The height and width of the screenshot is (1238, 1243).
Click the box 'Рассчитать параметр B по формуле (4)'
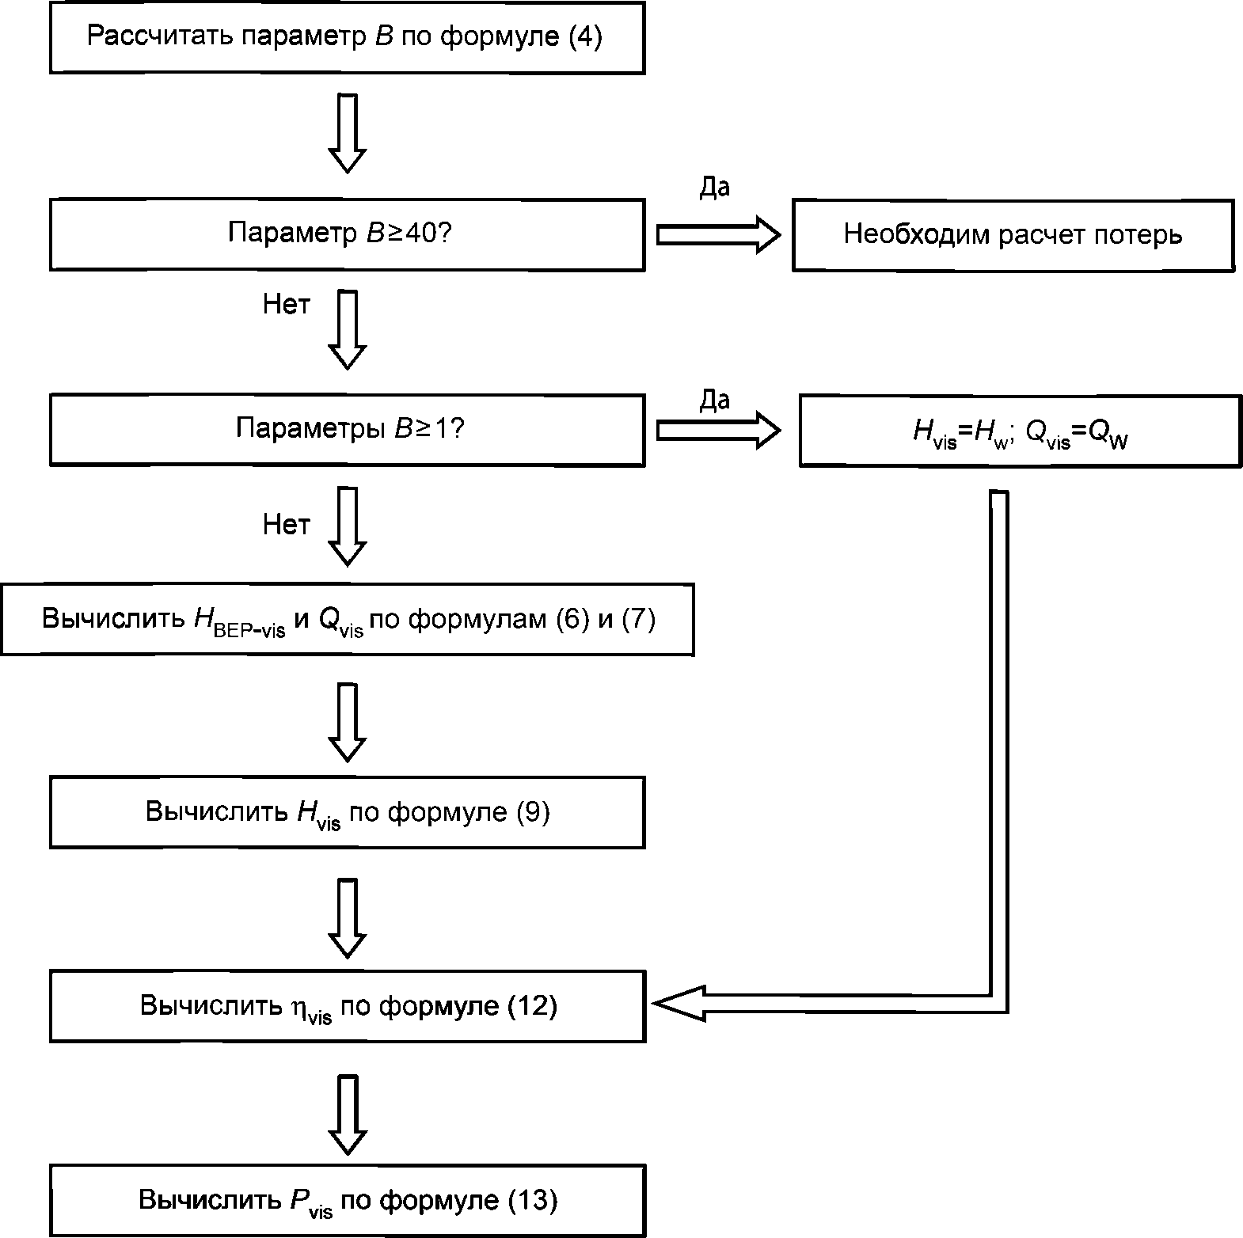[347, 38]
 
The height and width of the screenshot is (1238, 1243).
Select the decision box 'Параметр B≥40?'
[347, 234]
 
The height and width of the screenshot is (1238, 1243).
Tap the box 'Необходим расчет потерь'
[1013, 234]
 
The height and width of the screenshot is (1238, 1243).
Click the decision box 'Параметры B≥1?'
[347, 430]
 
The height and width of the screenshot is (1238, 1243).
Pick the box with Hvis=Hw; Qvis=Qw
[1020, 431]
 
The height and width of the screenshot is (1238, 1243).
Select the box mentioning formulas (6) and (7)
[347, 620]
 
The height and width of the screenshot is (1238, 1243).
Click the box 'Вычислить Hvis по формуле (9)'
[347, 813]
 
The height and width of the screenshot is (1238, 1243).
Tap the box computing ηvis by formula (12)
[347, 1007]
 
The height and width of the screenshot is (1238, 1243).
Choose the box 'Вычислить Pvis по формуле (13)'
[347, 1201]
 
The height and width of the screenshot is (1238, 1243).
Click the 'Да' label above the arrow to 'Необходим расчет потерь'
[714, 188]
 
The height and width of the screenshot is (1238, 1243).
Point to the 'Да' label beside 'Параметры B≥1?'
[714, 401]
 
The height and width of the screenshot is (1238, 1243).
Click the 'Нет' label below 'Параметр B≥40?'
[287, 305]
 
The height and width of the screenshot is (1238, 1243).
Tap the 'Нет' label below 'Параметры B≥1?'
[287, 524]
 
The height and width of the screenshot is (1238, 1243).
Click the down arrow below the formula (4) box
[348, 133]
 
